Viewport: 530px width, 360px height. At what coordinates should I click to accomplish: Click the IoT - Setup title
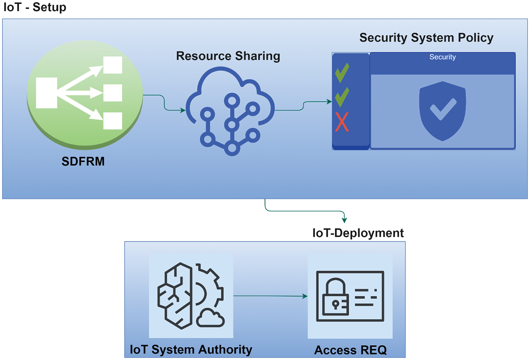(x=35, y=8)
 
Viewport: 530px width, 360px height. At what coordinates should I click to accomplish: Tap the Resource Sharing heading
(x=228, y=56)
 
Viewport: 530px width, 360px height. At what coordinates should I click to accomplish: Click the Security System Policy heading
(x=426, y=38)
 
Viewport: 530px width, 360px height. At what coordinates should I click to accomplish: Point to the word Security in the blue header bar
(x=442, y=57)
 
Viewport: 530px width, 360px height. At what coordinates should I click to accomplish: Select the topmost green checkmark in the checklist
(x=342, y=73)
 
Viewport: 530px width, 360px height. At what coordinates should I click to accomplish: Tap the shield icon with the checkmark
(x=442, y=111)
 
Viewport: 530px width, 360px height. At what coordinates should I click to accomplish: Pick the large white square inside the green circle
(x=46, y=93)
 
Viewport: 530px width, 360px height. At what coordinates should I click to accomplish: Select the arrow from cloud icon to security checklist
(x=303, y=106)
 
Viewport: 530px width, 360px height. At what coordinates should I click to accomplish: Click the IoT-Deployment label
(x=358, y=233)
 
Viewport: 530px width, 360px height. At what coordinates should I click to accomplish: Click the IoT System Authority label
(x=191, y=350)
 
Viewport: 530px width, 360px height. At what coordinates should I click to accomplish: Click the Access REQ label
(x=350, y=350)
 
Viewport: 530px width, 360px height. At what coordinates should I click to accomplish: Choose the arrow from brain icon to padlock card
(x=270, y=296)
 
